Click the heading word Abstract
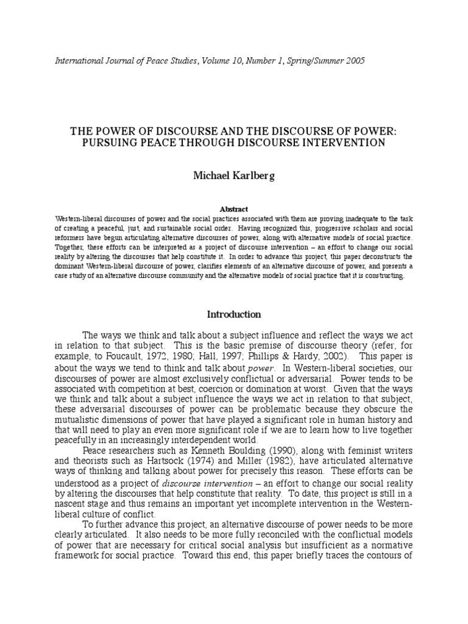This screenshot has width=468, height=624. point(234,209)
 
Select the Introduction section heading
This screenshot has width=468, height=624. point(234,314)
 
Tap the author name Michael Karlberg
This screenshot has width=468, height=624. point(234,175)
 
